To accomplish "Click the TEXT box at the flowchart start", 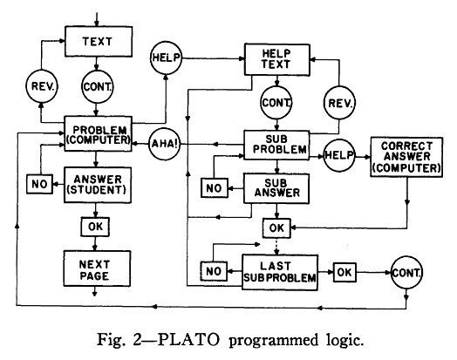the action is point(99,41).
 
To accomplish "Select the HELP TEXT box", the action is point(276,59).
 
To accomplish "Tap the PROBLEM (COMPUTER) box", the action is point(98,133).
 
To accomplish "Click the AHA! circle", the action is point(165,144).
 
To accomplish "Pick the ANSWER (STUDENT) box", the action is point(98,185).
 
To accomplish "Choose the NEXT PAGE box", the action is point(97,268).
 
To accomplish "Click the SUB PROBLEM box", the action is point(276,145).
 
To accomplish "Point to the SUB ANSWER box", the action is point(276,188).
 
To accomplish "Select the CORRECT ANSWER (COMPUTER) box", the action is point(406,157).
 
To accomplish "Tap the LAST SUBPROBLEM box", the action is point(280,272).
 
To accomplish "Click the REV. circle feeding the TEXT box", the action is point(42,86).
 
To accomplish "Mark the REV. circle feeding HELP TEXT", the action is point(339,103).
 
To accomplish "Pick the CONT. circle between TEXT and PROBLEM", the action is point(97,87).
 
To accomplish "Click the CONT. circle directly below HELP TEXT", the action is point(276,103).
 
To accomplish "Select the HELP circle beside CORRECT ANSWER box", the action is point(339,155).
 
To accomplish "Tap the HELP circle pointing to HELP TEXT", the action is point(166,58).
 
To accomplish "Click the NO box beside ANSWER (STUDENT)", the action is point(39,184).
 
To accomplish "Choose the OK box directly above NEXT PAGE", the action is point(95,227).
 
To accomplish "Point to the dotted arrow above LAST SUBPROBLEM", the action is point(276,247).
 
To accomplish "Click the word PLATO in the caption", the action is point(188,340).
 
